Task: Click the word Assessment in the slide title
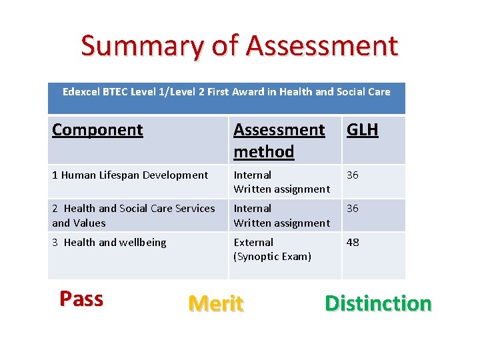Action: (x=322, y=46)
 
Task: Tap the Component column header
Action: (x=97, y=129)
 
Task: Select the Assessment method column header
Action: (x=279, y=140)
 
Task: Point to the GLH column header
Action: (x=362, y=129)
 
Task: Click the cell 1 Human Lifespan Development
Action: (x=130, y=175)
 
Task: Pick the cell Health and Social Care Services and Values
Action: (x=133, y=215)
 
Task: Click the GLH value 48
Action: (x=353, y=243)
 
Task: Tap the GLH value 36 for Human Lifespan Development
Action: (x=353, y=175)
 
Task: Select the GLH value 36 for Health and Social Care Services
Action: (x=353, y=209)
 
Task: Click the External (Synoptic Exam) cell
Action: (x=272, y=249)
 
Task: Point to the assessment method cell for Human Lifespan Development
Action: (x=281, y=182)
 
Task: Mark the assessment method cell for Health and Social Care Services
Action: (x=281, y=215)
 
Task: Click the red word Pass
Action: (x=81, y=299)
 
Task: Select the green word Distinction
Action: (x=378, y=304)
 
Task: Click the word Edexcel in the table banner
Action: (x=81, y=92)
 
